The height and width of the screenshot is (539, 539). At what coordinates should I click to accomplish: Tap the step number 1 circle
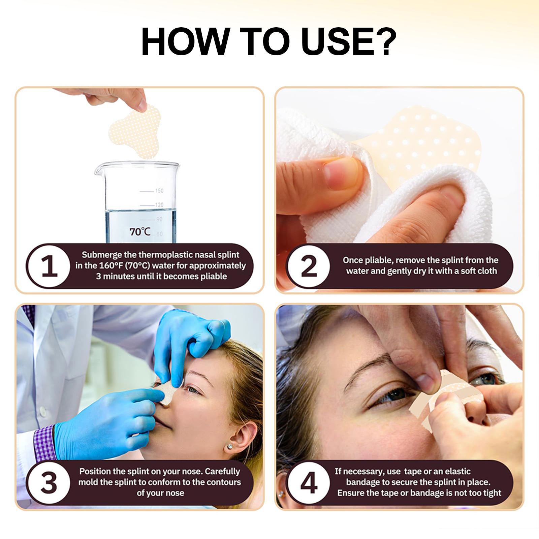49,266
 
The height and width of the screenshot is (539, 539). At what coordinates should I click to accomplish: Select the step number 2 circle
309,266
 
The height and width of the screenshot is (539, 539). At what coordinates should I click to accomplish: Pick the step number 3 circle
49,483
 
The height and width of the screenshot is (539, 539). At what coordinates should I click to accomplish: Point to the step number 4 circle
309,483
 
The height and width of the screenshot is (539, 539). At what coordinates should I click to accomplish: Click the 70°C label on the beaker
140,231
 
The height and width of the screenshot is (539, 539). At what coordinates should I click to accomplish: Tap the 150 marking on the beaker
159,191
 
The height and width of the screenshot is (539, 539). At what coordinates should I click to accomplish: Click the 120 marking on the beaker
159,205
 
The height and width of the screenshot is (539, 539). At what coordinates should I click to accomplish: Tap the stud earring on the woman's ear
230,446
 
